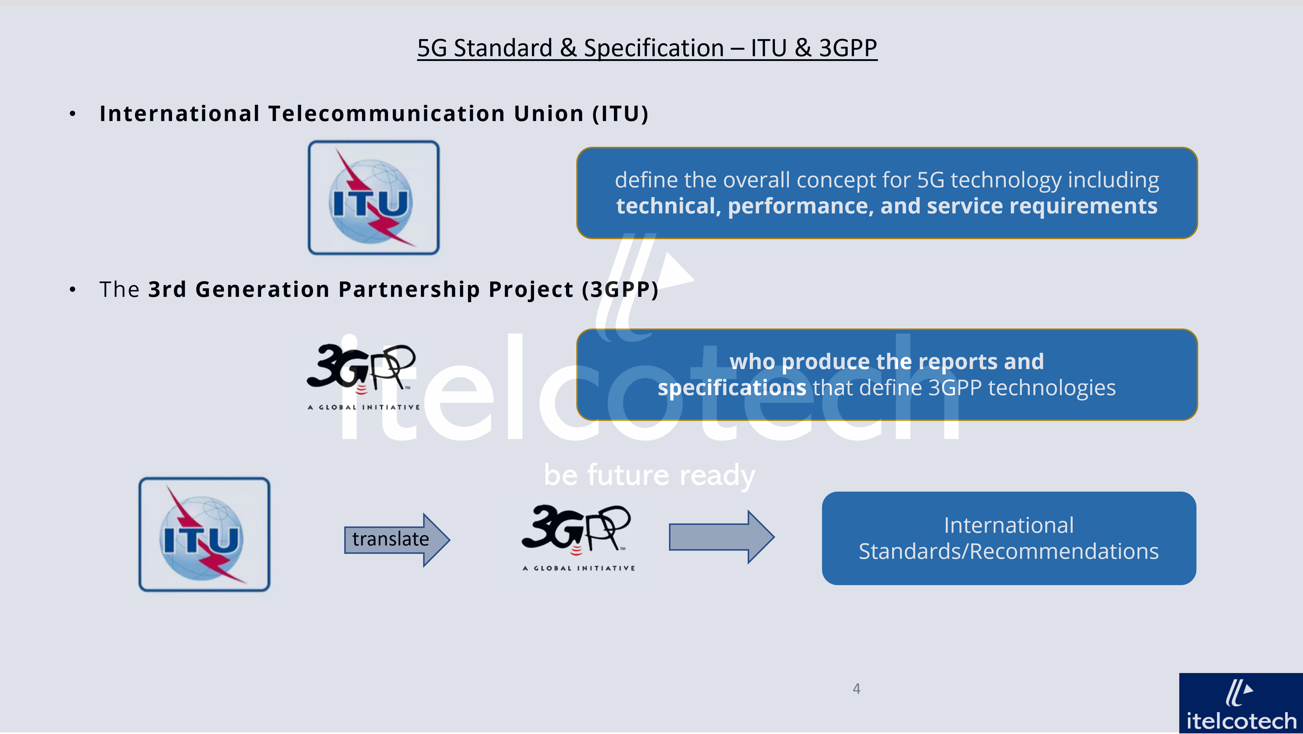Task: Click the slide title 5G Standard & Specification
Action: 647,48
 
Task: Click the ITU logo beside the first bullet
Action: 374,198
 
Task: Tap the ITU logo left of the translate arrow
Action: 205,535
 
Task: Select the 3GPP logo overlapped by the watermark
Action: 359,377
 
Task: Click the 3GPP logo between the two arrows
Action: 574,538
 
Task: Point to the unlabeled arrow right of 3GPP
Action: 721,537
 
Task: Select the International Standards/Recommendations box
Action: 1008,538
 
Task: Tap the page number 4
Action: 856,688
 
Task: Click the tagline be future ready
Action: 649,476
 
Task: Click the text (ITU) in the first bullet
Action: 621,114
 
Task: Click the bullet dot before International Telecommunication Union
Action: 73,114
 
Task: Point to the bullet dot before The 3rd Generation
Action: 73,290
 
